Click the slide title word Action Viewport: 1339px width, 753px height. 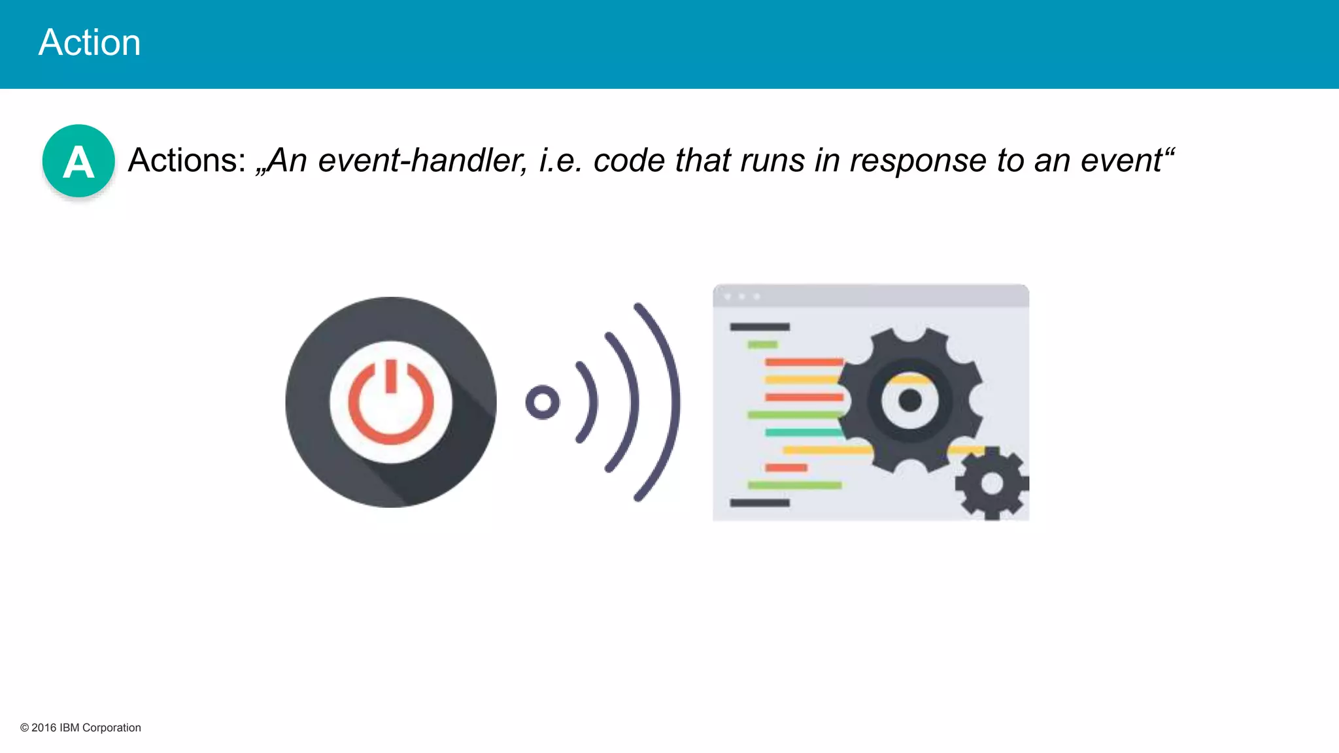click(x=90, y=43)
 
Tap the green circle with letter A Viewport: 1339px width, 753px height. click(x=78, y=161)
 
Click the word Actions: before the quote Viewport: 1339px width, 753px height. click(x=187, y=160)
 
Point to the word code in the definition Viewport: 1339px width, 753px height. click(x=628, y=160)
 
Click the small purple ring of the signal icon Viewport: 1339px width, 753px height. click(x=542, y=402)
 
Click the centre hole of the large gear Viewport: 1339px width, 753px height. click(x=909, y=400)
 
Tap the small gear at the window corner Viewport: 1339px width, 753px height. click(x=992, y=484)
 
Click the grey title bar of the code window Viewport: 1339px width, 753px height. click(x=870, y=296)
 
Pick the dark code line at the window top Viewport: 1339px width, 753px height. click(x=759, y=327)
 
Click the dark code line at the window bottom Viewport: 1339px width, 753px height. click(x=759, y=503)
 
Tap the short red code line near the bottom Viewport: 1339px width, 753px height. click(x=786, y=467)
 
